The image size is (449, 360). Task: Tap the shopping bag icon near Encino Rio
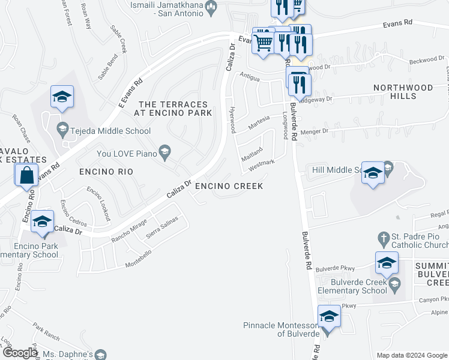click(x=27, y=176)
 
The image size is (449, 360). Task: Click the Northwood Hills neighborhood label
click(x=403, y=92)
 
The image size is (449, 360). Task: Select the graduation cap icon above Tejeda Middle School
click(x=61, y=97)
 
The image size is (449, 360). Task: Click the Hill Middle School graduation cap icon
click(x=373, y=174)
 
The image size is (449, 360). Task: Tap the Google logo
click(x=20, y=353)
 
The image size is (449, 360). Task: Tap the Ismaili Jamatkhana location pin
click(x=211, y=8)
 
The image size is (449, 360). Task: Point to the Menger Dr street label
click(x=317, y=131)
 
